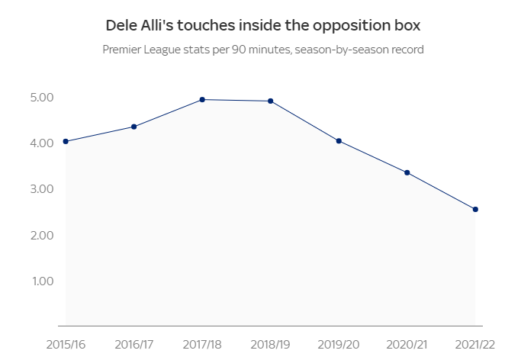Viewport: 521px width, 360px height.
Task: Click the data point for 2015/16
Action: [66, 141]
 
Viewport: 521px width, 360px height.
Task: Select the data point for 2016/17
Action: [134, 127]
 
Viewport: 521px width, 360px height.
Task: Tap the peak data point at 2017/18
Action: [202, 99]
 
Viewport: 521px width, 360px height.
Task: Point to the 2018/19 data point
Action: [271, 101]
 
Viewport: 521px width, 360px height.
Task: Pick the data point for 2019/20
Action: [339, 141]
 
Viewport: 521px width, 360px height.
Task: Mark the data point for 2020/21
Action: [407, 172]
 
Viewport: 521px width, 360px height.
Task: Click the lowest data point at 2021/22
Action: [475, 209]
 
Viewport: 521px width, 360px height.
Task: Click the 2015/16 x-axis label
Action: [66, 345]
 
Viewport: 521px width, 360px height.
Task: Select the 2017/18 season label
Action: [202, 345]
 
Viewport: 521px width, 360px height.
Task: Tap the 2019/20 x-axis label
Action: [339, 345]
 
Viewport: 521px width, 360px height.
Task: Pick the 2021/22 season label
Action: [475, 345]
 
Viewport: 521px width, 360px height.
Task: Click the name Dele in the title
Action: [121, 25]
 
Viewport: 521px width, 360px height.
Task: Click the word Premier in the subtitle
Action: [124, 50]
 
